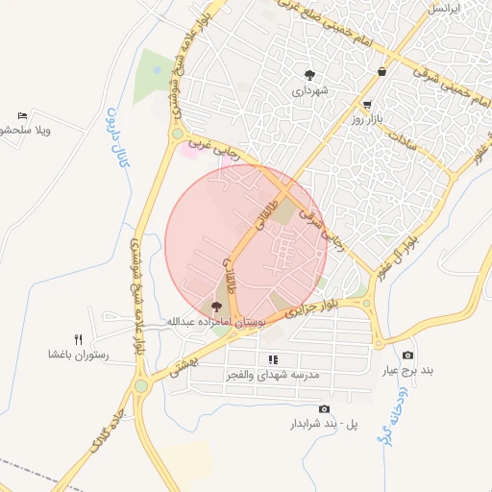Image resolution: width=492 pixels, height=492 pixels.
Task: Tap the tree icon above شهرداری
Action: click(x=309, y=74)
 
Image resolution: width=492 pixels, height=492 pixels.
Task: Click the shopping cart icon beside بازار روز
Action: click(x=368, y=104)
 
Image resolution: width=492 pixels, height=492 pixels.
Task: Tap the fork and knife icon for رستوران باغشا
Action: click(x=79, y=339)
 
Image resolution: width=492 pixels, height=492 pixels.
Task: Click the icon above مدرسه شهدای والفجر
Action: click(x=273, y=359)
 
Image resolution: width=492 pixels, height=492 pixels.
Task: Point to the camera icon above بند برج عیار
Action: click(x=407, y=356)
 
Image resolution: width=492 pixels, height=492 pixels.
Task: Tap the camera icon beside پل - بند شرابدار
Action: click(x=296, y=409)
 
